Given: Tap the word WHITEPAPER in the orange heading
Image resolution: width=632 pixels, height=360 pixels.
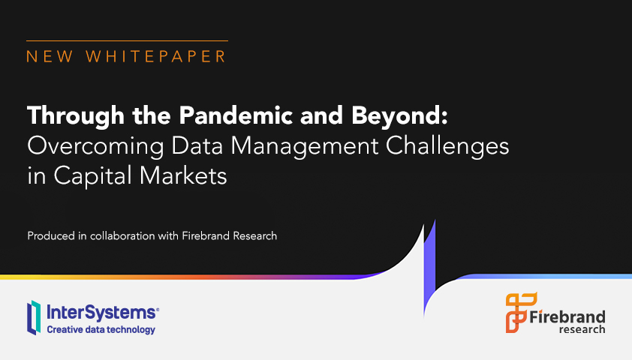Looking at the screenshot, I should (156, 56).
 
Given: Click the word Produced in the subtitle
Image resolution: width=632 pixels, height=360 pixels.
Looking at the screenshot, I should (50, 236).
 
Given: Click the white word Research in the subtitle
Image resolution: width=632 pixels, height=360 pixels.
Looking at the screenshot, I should (254, 236).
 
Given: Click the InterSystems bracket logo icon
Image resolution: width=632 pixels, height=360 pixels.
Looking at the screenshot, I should (34, 317).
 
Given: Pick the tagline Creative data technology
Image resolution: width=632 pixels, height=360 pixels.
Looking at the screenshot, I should (101, 329).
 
